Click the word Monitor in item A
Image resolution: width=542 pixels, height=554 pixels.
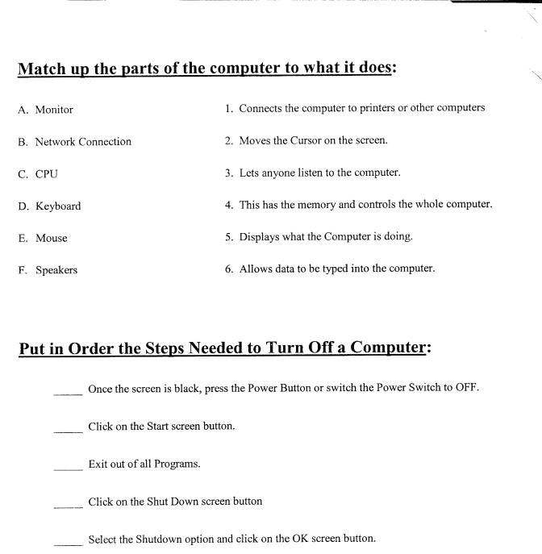[54, 110]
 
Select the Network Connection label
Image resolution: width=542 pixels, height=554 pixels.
[83, 142]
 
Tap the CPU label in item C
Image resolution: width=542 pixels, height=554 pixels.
[47, 174]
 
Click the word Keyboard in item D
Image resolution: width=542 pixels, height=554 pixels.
[58, 206]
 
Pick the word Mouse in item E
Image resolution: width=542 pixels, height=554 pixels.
[52, 239]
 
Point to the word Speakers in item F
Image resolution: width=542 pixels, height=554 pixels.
[56, 271]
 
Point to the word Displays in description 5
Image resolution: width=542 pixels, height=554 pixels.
[259, 237]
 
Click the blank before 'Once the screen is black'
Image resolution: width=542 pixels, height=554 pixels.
[68, 393]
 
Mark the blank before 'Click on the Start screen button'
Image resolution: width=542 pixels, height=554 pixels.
[68, 430]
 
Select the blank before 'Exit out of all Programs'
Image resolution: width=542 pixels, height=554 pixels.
[68, 468]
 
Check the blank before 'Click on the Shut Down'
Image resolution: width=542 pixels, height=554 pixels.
[68, 506]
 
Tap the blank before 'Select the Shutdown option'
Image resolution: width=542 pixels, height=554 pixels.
[68, 543]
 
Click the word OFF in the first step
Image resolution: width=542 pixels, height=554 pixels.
[465, 388]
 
